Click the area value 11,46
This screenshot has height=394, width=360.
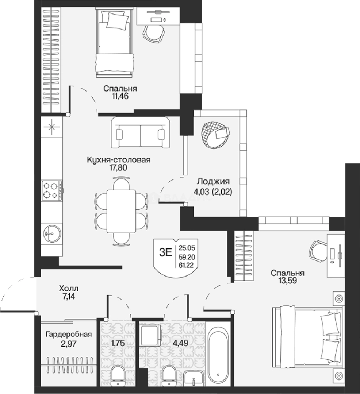click(x=120, y=96)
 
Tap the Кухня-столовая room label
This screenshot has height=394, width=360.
click(x=119, y=159)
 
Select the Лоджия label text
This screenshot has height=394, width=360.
click(x=213, y=181)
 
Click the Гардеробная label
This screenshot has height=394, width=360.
click(x=69, y=335)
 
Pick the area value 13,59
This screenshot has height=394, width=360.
click(x=288, y=281)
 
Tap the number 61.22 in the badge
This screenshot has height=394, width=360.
click(x=186, y=265)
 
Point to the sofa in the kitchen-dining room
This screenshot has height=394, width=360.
click(x=140, y=133)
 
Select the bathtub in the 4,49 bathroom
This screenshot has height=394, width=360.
click(x=218, y=357)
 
